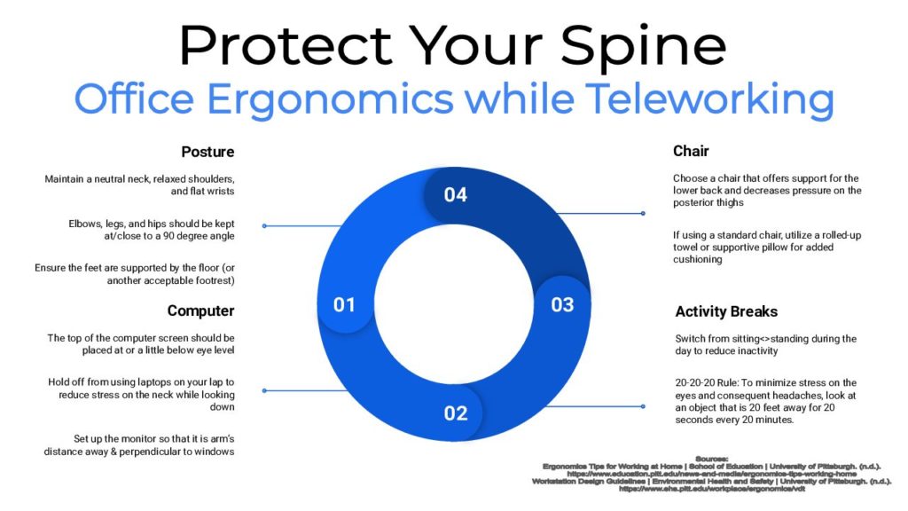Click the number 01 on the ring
344,304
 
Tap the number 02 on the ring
455,413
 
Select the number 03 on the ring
562,304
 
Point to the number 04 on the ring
455,194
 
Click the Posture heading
207,152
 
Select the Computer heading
200,311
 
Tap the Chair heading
691,152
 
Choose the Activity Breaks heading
726,311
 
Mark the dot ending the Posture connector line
264,225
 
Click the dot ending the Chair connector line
643,213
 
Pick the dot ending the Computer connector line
264,389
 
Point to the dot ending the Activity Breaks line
643,406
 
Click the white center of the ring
454,304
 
